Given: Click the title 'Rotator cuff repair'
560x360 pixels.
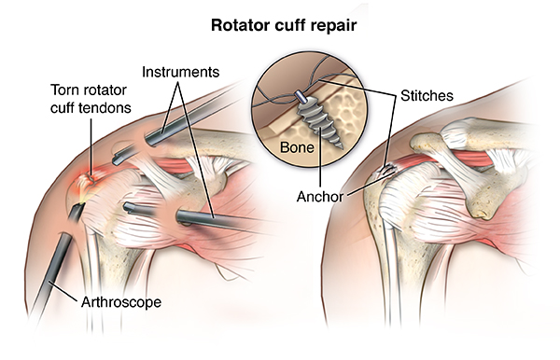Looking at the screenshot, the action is pos(284,25).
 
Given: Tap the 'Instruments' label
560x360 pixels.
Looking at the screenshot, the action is pos(180,72).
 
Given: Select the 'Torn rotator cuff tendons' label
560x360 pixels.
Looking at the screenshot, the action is pos(91,99).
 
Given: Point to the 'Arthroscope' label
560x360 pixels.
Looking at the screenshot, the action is pos(121,302).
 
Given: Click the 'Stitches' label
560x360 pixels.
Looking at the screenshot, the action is pos(427,96).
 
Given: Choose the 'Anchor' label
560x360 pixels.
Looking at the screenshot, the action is pos(320,197).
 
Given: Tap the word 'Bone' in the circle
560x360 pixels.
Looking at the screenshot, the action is pos(297,147).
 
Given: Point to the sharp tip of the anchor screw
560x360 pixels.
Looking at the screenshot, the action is pos(342,147).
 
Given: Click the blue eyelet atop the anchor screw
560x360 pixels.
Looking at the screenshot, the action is pos(299,95).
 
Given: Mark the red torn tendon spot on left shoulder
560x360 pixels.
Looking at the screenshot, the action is pos(91,177).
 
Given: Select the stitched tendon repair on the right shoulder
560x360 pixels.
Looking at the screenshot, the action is pos(386,171).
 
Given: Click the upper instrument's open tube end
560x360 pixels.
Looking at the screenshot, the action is pos(150,140).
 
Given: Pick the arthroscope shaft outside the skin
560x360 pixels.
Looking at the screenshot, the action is pos(50,275).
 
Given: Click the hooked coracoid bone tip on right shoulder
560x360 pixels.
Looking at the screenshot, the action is pos(483,214).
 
